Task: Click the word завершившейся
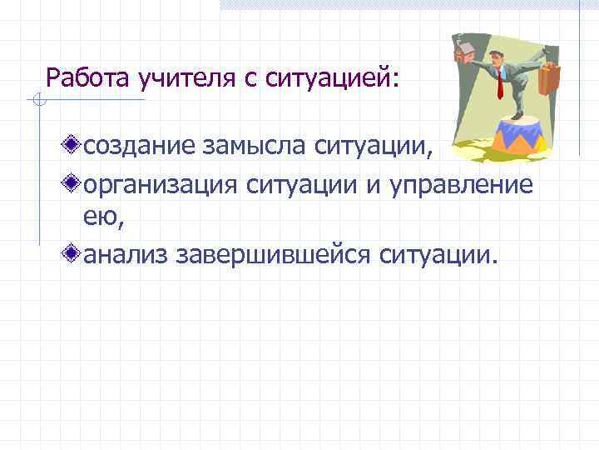click(x=274, y=252)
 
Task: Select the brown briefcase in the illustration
click(x=550, y=77)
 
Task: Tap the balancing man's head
click(x=496, y=57)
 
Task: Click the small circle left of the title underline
click(x=34, y=102)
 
